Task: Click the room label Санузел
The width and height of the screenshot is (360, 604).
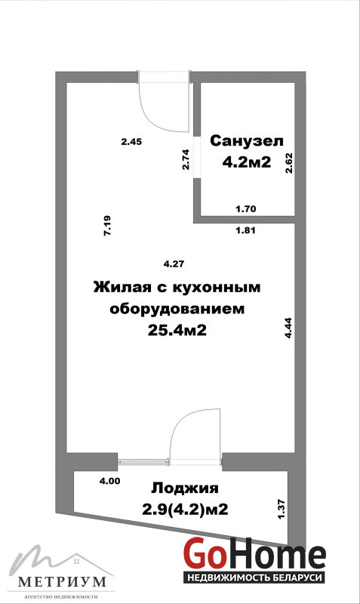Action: [x=247, y=141]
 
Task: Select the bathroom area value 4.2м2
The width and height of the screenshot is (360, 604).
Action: [x=247, y=162]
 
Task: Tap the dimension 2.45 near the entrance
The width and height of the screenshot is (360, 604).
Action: [x=131, y=142]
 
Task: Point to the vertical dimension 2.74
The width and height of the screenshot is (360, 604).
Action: [x=186, y=159]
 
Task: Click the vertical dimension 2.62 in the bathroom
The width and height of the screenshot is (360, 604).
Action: [x=289, y=163]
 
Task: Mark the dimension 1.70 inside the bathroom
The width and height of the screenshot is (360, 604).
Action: [x=245, y=209]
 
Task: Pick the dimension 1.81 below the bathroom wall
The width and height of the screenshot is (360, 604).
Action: [x=245, y=231]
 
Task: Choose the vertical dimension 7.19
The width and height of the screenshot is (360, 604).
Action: [x=107, y=225]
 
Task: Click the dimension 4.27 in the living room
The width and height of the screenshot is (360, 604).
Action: [x=174, y=264]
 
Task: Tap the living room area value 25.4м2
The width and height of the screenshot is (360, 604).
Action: [x=177, y=330]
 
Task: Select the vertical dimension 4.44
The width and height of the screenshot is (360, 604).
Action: [x=288, y=328]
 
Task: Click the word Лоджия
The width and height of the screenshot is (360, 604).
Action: [x=185, y=488]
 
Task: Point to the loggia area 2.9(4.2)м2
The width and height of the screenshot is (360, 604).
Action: [x=185, y=510]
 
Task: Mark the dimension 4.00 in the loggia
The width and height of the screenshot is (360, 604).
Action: [x=109, y=481]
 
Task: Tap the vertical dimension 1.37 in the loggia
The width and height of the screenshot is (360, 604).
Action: [x=281, y=509]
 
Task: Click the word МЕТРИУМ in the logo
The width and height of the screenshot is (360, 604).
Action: [x=62, y=581]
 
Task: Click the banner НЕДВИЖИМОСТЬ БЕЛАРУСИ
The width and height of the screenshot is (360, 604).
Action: [x=254, y=578]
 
